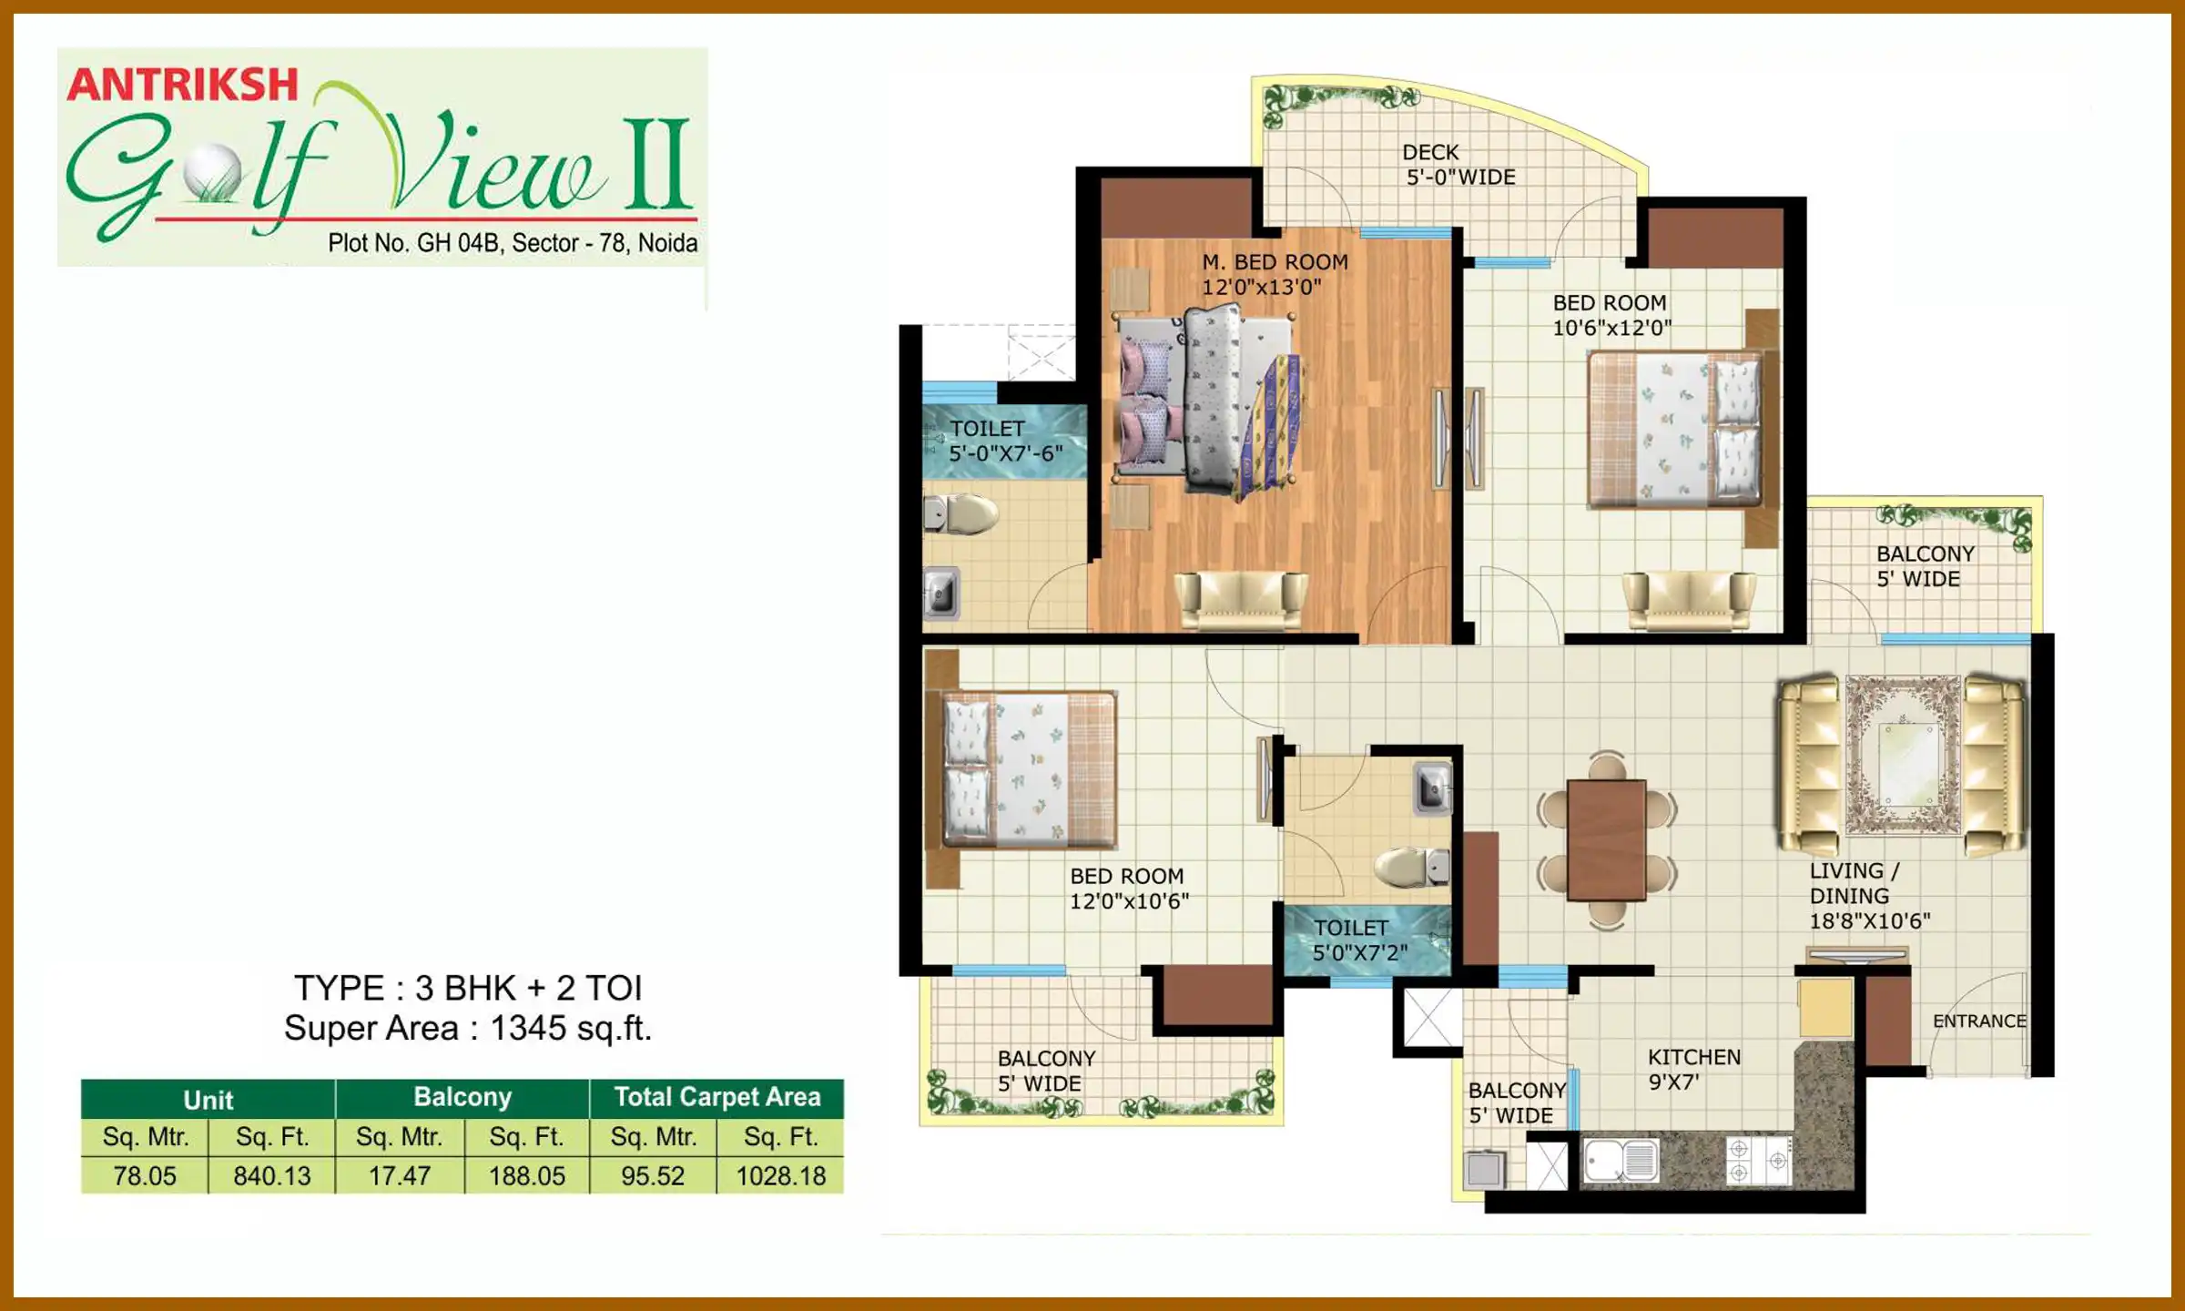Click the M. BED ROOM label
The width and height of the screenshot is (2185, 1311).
click(x=1275, y=262)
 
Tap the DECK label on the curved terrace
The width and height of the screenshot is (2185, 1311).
click(x=1430, y=152)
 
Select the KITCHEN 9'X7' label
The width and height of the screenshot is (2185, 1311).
click(x=1693, y=1069)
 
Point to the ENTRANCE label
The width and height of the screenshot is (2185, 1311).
click(x=1979, y=1021)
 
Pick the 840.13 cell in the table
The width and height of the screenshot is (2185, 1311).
click(x=272, y=1175)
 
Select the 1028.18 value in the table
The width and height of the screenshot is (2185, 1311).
click(x=780, y=1175)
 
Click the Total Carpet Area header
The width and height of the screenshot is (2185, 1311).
click(x=716, y=1097)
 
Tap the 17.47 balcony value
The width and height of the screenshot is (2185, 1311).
click(x=400, y=1175)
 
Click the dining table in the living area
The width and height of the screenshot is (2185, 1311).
click(x=1607, y=838)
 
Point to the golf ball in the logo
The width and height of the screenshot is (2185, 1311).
click(x=212, y=173)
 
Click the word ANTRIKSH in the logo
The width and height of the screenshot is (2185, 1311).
click(x=182, y=85)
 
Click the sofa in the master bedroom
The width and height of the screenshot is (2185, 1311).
click(x=1240, y=599)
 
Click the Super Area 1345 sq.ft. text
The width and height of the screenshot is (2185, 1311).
click(x=468, y=1028)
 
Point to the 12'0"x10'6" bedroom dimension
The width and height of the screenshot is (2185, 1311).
click(x=1129, y=901)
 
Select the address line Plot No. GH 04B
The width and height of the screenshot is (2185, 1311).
click(x=513, y=243)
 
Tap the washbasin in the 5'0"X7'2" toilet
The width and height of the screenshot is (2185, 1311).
click(x=1432, y=786)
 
